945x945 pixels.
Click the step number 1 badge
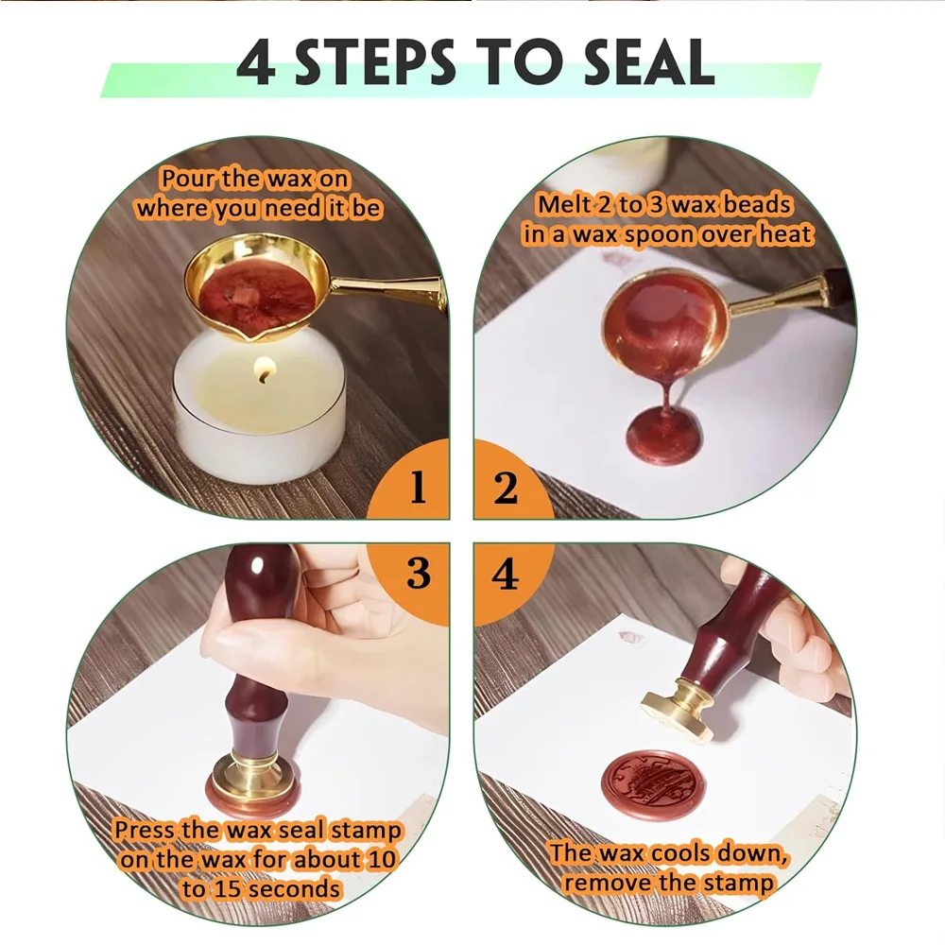click(x=417, y=489)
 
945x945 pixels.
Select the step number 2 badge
click(x=506, y=489)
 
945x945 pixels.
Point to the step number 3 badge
click(x=418, y=574)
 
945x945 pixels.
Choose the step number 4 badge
click(x=506, y=574)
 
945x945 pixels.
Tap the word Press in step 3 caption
click(x=144, y=831)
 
